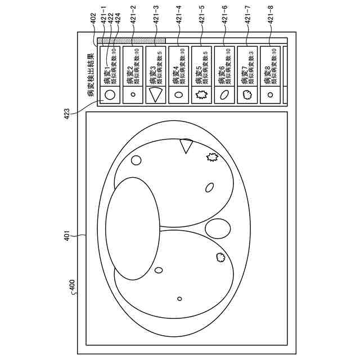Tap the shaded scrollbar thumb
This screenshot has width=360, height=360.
tap(132, 40)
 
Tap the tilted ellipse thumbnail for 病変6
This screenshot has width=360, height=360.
tap(224, 94)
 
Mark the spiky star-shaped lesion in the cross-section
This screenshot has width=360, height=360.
tap(212, 157)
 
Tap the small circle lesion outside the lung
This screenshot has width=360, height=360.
tap(136, 160)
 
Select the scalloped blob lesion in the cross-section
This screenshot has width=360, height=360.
tap(220, 258)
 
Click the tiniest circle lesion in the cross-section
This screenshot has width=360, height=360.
tap(179, 298)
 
